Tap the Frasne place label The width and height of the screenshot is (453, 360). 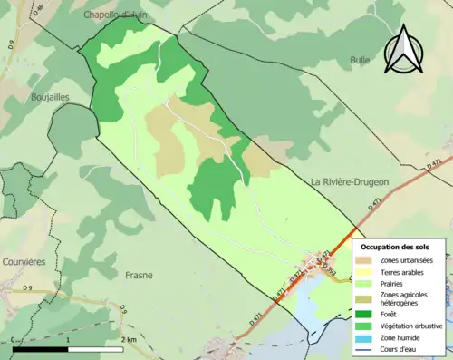(139, 275)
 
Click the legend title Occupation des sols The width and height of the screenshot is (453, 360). (395, 247)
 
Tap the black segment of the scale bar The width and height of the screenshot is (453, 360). (41, 349)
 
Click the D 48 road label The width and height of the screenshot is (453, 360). (38, 12)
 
